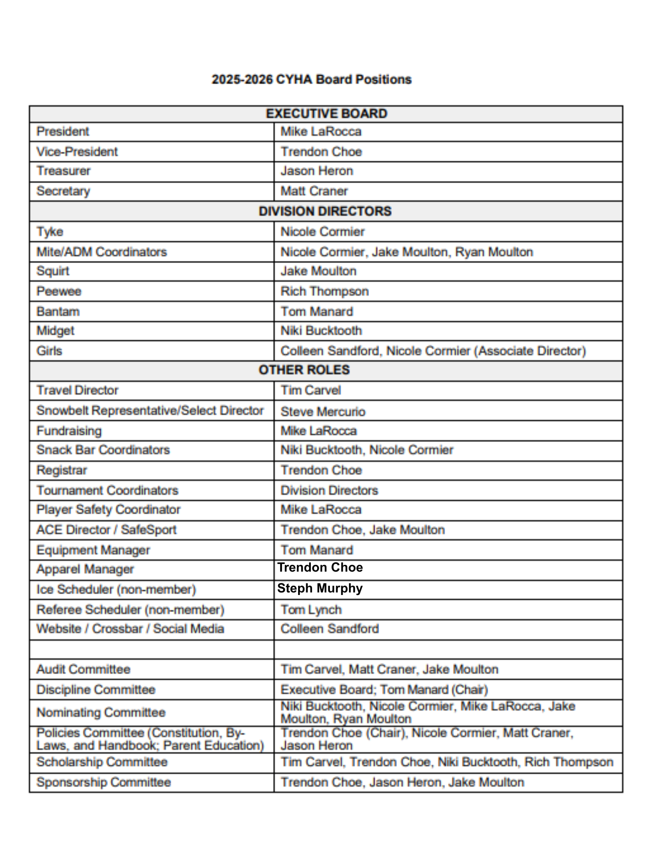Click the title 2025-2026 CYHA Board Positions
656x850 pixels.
311,79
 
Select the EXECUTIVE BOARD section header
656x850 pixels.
326,113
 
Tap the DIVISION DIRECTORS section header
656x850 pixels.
325,211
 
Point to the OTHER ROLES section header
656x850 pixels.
304,370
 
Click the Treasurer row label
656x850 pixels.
63,171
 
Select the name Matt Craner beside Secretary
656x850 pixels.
314,191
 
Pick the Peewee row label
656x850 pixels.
59,291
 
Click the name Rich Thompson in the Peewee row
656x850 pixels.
324,291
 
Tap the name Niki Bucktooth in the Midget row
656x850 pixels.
321,331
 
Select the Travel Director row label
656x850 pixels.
77,390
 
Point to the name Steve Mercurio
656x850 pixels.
323,411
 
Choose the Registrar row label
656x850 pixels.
62,470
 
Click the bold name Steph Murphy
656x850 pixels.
320,588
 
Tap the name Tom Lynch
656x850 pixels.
311,610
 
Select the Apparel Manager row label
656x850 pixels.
85,569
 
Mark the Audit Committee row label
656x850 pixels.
83,669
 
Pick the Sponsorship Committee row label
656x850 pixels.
104,782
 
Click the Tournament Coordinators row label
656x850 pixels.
107,490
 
